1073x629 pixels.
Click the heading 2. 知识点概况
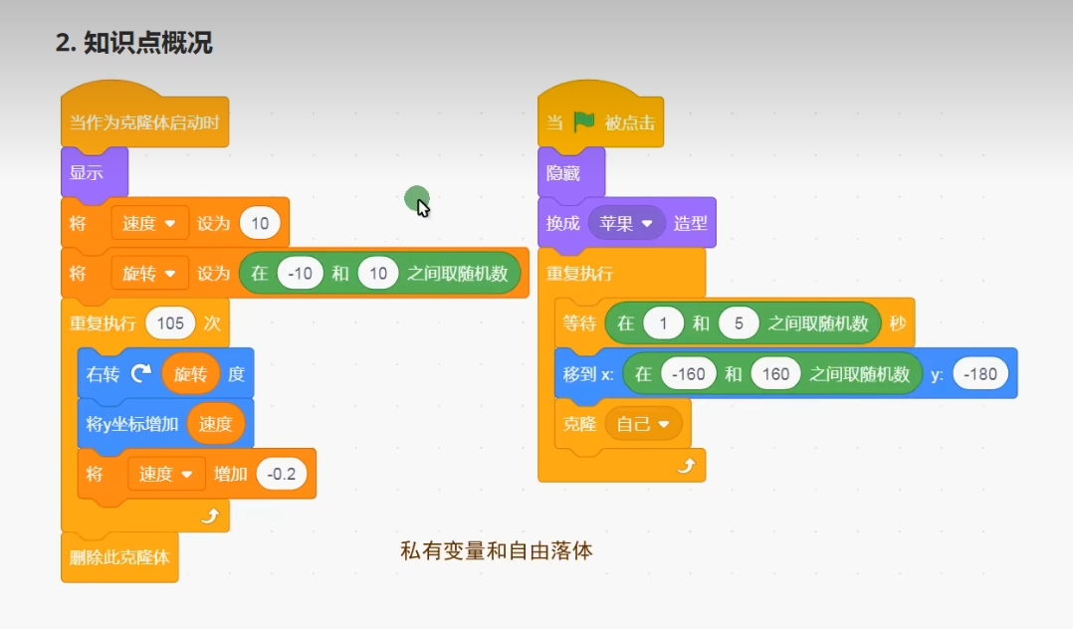click(133, 44)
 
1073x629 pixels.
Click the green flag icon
click(583, 121)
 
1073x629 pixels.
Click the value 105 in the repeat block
click(170, 322)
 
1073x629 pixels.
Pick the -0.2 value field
click(282, 474)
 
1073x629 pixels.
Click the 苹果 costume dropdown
click(627, 223)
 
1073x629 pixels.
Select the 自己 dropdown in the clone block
click(643, 424)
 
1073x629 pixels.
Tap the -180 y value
click(980, 374)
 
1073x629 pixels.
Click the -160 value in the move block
click(689, 374)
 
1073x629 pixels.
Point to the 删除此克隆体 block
click(119, 557)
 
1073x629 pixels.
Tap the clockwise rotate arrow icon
click(142, 374)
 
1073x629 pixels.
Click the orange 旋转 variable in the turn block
click(191, 374)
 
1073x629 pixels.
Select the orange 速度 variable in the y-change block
click(215, 424)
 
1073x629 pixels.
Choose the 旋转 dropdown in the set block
click(149, 273)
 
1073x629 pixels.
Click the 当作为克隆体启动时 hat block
click(144, 123)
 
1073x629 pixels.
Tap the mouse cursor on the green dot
click(422, 206)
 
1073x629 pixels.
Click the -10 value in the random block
click(300, 273)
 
